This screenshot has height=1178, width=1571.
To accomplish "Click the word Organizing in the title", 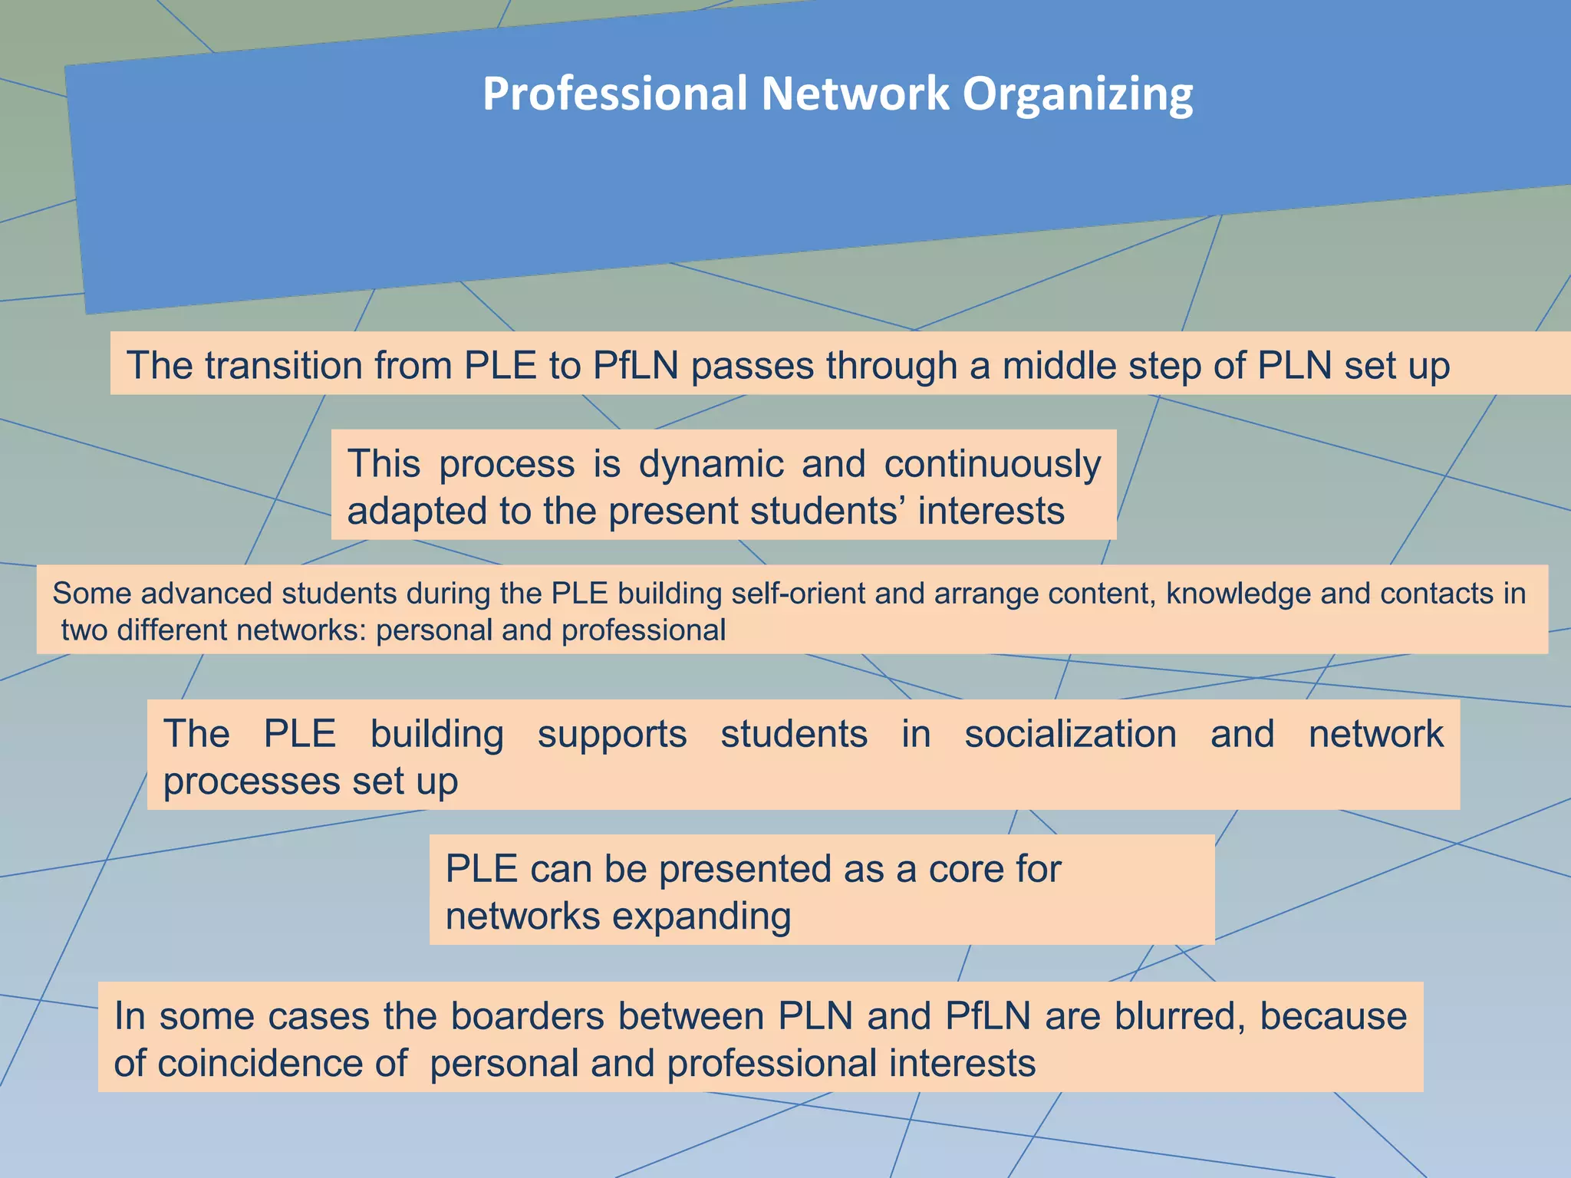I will [x=1078, y=94].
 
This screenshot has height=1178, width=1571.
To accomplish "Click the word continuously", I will [x=992, y=464].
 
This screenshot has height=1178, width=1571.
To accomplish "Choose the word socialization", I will [x=1070, y=734].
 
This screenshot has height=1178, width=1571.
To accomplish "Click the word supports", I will [x=611, y=734].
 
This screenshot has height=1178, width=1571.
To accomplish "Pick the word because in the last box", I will [x=1333, y=1016].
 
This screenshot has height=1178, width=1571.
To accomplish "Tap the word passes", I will [x=752, y=365].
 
